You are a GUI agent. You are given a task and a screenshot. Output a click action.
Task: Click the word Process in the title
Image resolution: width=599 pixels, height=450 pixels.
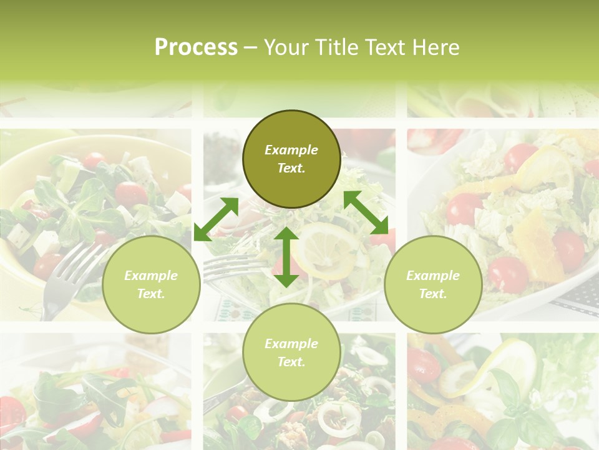pos(196,47)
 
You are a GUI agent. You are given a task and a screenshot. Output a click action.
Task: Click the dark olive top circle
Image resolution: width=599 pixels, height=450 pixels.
pos(291,159)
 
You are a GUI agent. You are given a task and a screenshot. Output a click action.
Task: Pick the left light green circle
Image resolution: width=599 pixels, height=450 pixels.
pos(151,284)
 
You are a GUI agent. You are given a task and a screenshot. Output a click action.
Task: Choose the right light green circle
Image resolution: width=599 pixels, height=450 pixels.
pos(433,284)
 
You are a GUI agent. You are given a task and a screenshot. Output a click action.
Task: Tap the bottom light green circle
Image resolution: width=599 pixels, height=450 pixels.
pos(291,352)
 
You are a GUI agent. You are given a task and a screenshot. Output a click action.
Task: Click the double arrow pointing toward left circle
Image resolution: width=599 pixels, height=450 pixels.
pos(216,219)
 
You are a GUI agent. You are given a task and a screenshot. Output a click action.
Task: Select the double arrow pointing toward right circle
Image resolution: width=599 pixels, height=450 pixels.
pos(366,212)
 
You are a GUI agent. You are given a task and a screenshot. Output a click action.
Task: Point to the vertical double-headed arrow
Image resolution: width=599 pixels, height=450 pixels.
pos(286,257)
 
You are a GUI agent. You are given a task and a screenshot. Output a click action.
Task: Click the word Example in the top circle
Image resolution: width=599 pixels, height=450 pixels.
pos(291,150)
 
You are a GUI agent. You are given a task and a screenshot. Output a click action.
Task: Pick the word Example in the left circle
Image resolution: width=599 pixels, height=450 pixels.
pos(151,276)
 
